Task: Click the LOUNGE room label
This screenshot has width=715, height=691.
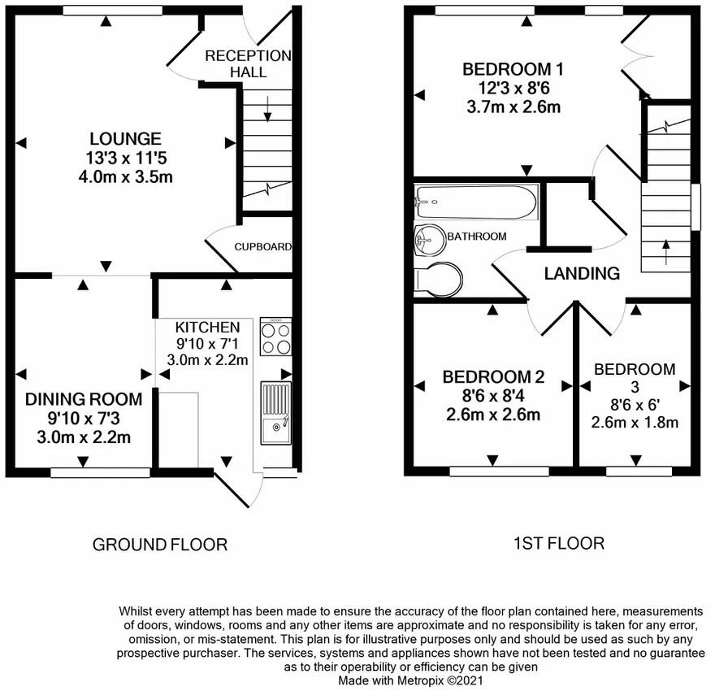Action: (125, 139)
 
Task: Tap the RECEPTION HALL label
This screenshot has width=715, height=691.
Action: (248, 63)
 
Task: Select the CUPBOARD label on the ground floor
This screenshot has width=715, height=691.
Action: (262, 246)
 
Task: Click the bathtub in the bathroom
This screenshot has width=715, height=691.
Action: (476, 202)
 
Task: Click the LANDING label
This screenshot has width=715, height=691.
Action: (582, 273)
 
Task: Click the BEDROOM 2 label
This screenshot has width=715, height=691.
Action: (493, 377)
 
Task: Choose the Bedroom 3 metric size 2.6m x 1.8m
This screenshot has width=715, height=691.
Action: (635, 422)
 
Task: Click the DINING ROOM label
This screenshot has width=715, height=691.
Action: (84, 399)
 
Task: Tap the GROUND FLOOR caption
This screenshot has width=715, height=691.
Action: (160, 544)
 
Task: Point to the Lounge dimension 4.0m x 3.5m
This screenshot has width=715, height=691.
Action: (125, 176)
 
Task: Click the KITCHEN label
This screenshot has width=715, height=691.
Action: (208, 326)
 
